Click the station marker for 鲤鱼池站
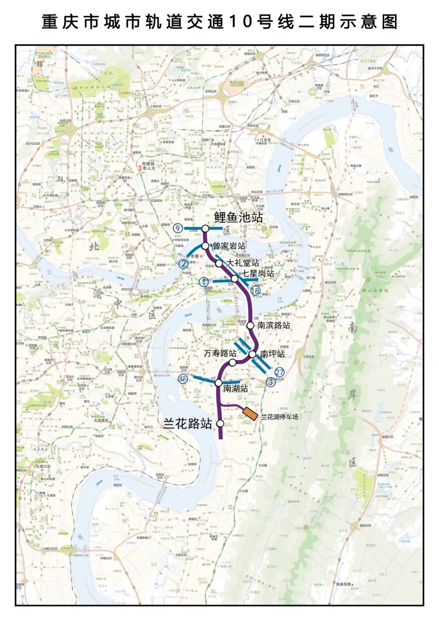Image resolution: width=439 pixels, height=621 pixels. pos(205,229)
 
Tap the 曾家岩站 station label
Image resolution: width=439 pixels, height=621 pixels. pos(229,246)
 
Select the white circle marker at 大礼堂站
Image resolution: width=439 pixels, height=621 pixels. pos(219,264)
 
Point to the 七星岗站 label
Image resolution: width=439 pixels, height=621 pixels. pos(258,273)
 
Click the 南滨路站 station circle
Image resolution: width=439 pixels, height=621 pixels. pos(250,325)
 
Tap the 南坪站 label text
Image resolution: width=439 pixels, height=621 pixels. pos(272,354)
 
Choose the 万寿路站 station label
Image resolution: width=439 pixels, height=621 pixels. pos(220,353)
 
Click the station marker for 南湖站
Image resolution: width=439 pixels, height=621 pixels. pos(218,383)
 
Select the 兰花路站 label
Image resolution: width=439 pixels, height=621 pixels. pos(187,424)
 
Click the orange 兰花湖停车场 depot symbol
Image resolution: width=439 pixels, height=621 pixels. pos(250,413)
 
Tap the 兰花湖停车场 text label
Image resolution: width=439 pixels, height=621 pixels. pos(279,417)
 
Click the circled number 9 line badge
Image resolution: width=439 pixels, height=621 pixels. pos(177,229)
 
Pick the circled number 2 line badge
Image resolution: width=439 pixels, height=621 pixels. pos(184,264)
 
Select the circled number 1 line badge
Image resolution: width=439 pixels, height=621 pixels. pos(204,281)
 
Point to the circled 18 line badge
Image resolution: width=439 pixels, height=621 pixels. pos(255,290)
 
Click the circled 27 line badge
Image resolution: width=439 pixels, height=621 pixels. pos(279,372)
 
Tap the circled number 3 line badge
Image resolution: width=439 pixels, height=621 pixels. pos(271,382)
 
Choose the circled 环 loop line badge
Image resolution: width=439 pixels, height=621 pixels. pos(184,379)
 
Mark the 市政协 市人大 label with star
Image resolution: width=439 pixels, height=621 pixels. pos(147,166)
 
